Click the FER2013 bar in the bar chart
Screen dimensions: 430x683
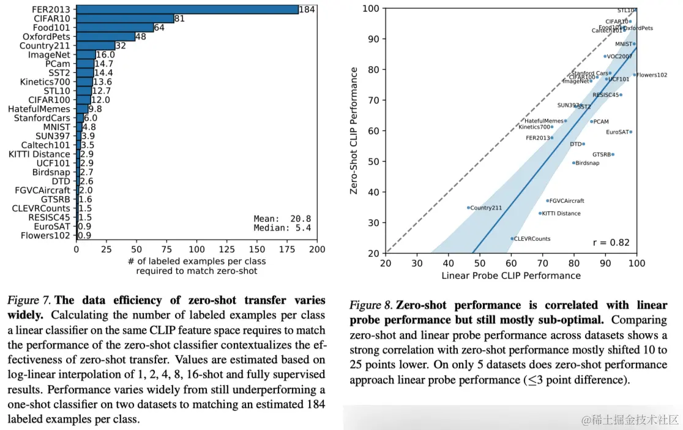[187, 10]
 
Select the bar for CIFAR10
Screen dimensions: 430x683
[125, 18]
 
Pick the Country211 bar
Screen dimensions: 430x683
[95, 46]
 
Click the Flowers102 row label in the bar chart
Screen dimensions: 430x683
[45, 235]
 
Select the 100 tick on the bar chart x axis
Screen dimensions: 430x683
[197, 249]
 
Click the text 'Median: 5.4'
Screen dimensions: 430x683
[282, 228]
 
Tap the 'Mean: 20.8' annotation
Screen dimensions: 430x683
[282, 218]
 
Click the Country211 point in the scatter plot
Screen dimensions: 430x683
[468, 208]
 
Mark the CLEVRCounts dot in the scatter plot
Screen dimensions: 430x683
[512, 238]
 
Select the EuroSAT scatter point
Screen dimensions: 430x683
[630, 132]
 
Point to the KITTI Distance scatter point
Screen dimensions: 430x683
[540, 213]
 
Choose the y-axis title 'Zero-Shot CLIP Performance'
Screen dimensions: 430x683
[354, 131]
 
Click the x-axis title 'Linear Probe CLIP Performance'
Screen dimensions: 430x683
[511, 276]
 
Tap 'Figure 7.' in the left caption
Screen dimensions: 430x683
[29, 300]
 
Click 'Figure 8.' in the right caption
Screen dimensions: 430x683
[371, 305]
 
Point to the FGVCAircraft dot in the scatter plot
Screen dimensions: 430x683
[547, 200]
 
